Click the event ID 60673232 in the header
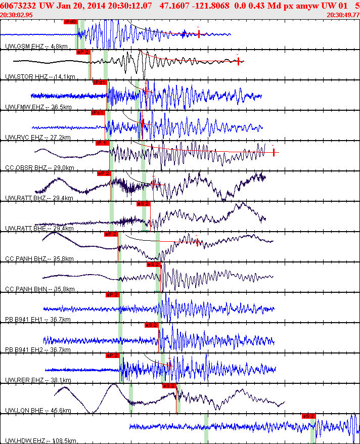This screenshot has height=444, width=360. click(18, 5)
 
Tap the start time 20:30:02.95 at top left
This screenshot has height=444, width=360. click(17, 15)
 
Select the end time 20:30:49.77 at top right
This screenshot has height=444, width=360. click(343, 15)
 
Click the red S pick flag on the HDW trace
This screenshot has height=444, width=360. click(308, 416)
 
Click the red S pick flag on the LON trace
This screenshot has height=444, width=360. click(169, 385)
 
